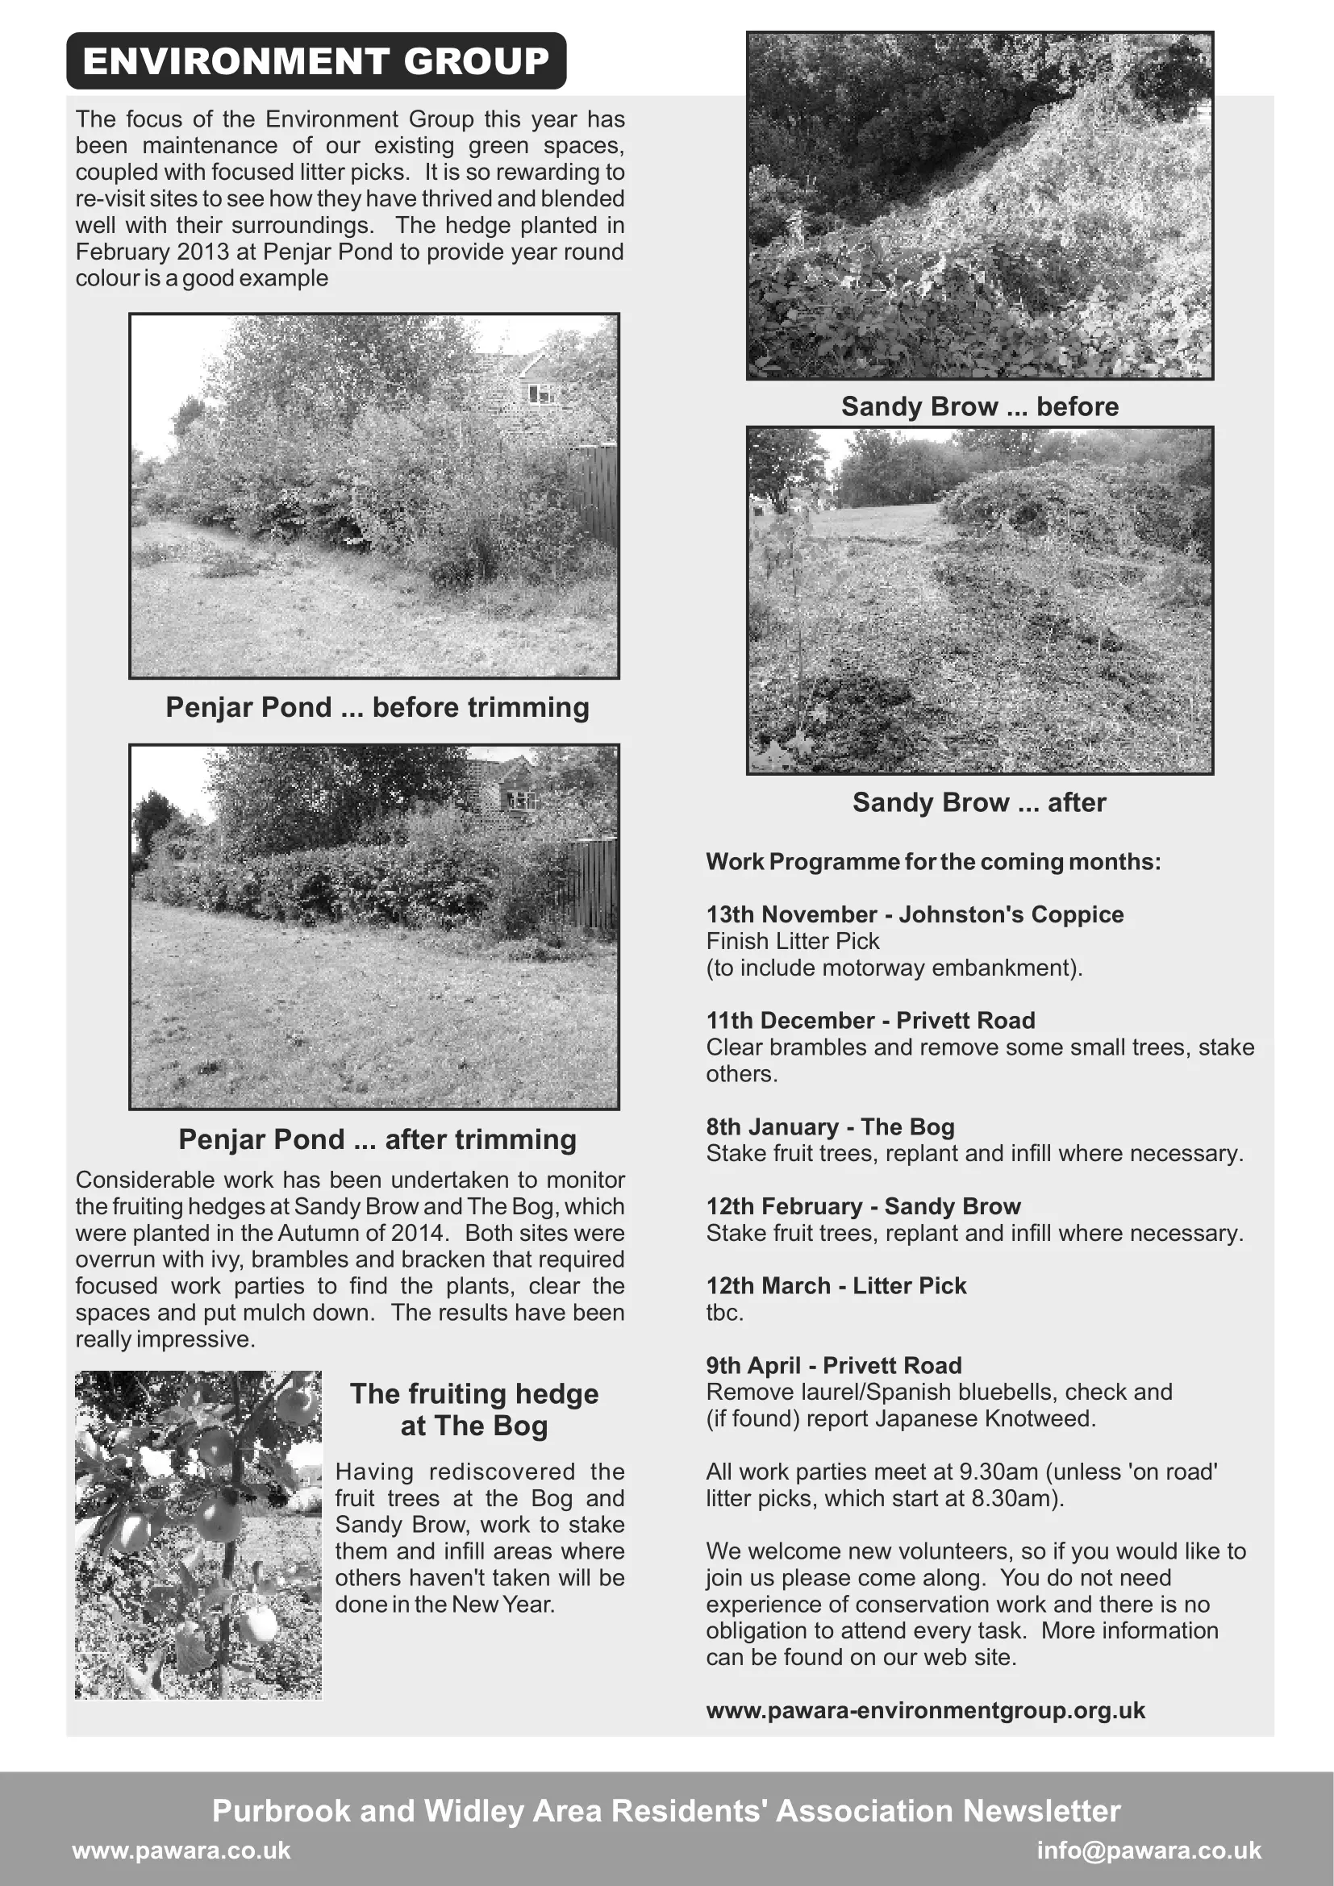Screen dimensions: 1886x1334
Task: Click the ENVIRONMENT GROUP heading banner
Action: (x=316, y=61)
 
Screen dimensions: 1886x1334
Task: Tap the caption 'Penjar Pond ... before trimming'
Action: (x=377, y=707)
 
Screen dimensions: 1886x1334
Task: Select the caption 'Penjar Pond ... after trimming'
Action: (x=377, y=1139)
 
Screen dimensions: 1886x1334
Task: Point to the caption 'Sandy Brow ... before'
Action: (x=979, y=406)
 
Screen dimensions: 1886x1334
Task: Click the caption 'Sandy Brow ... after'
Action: (x=979, y=802)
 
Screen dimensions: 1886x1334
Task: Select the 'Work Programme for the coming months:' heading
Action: (x=933, y=862)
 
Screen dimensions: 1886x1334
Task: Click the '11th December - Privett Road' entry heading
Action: (x=871, y=1020)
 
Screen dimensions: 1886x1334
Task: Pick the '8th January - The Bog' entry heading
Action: (x=831, y=1126)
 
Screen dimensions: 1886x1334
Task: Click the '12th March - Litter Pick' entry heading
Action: (x=836, y=1285)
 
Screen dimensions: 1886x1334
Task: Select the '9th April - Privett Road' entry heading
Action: (x=834, y=1365)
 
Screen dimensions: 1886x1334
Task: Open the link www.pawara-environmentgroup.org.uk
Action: (x=926, y=1710)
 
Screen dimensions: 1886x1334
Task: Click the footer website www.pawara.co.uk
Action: (x=181, y=1850)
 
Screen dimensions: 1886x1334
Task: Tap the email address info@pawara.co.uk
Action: (x=1148, y=1850)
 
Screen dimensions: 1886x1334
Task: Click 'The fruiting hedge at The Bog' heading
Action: (x=474, y=1409)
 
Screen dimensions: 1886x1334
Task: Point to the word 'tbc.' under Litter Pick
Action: (x=724, y=1313)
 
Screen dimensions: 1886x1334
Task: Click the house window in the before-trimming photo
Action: (x=540, y=393)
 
